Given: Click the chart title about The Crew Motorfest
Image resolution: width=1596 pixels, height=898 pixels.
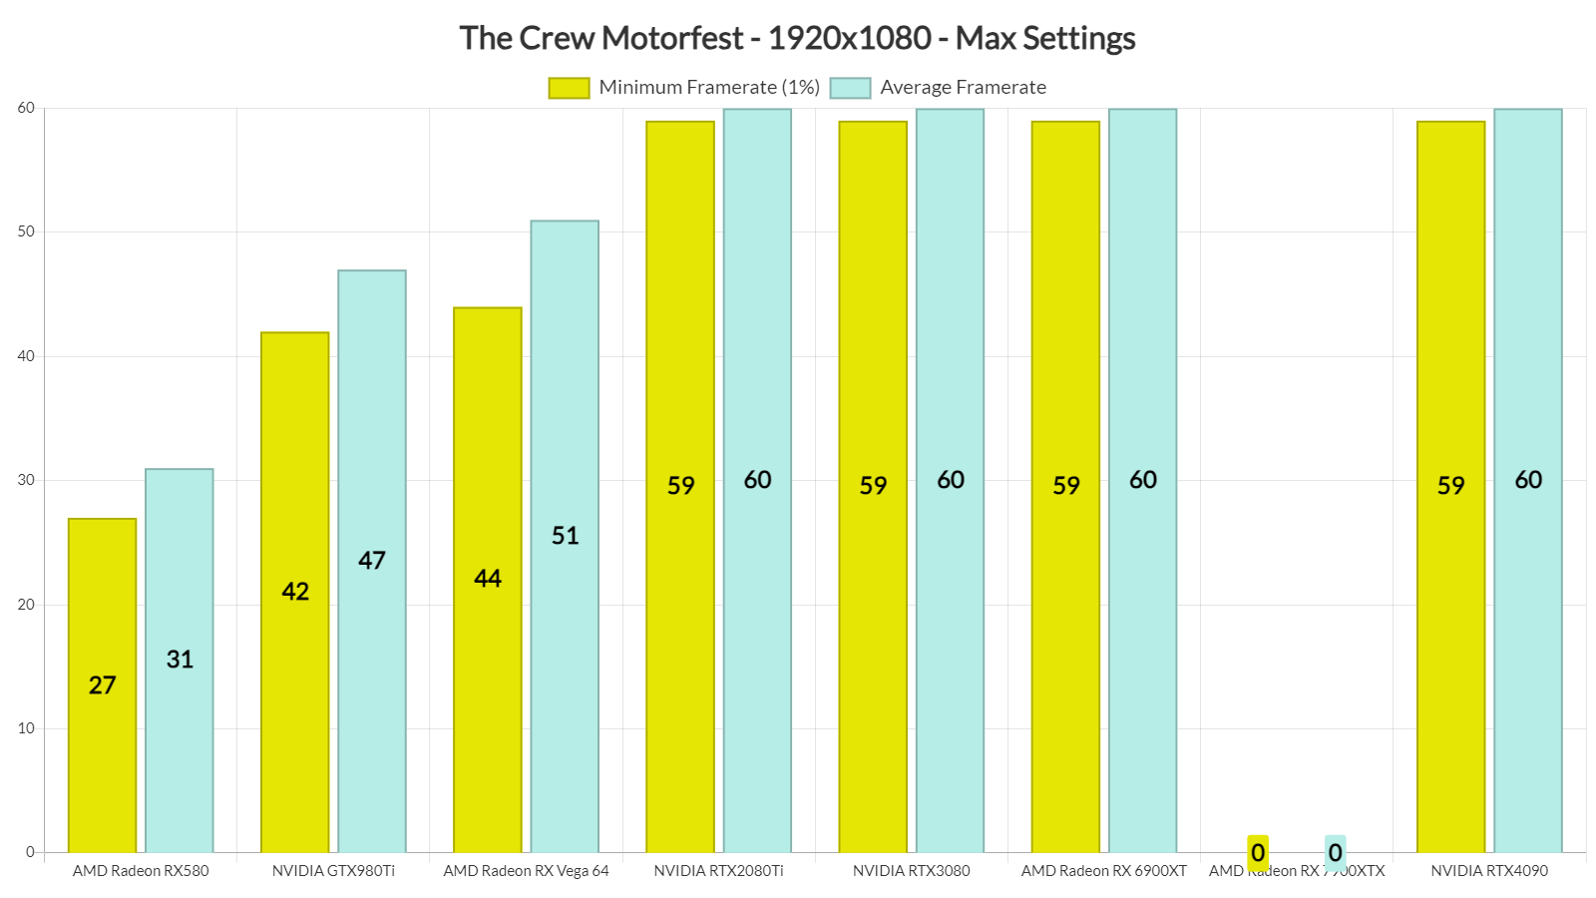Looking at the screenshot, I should pyautogui.click(x=797, y=38).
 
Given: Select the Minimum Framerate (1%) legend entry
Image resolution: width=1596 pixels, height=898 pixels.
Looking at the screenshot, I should pyautogui.click(x=684, y=88).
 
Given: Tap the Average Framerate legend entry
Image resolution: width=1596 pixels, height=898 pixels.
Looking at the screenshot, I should pyautogui.click(x=939, y=88).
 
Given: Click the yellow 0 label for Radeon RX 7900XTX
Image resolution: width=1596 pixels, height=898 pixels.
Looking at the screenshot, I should pyautogui.click(x=1258, y=852).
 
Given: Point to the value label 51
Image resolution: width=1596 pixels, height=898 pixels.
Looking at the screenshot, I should pyautogui.click(x=565, y=536).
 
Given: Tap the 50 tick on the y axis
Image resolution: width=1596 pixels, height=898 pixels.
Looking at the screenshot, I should pyautogui.click(x=26, y=231).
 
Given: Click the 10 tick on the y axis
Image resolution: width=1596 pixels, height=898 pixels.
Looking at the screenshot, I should pyautogui.click(x=26, y=728).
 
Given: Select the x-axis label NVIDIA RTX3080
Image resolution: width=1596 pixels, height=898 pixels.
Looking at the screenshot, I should pyautogui.click(x=911, y=871).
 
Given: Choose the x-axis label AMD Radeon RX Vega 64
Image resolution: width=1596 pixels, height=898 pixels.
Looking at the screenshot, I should pyautogui.click(x=526, y=871).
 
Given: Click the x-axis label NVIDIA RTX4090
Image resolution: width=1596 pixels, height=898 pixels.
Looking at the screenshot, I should pyautogui.click(x=1489, y=871).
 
